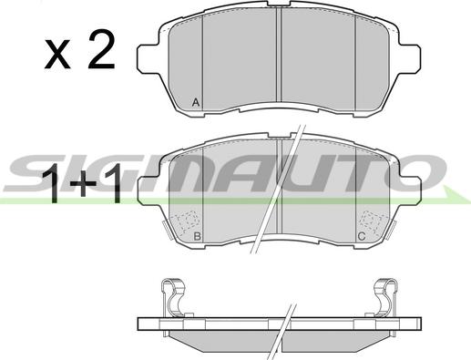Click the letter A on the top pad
pos(196,103)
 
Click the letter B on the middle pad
pos(198,236)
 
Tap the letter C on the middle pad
pos(362,236)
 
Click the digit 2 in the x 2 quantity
pos(101,49)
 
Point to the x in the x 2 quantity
pos(57,54)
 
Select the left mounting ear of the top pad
pos(148,58)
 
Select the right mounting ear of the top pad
pos(410,58)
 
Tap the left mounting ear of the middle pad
pos(148,190)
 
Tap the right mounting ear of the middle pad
pos(410,190)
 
